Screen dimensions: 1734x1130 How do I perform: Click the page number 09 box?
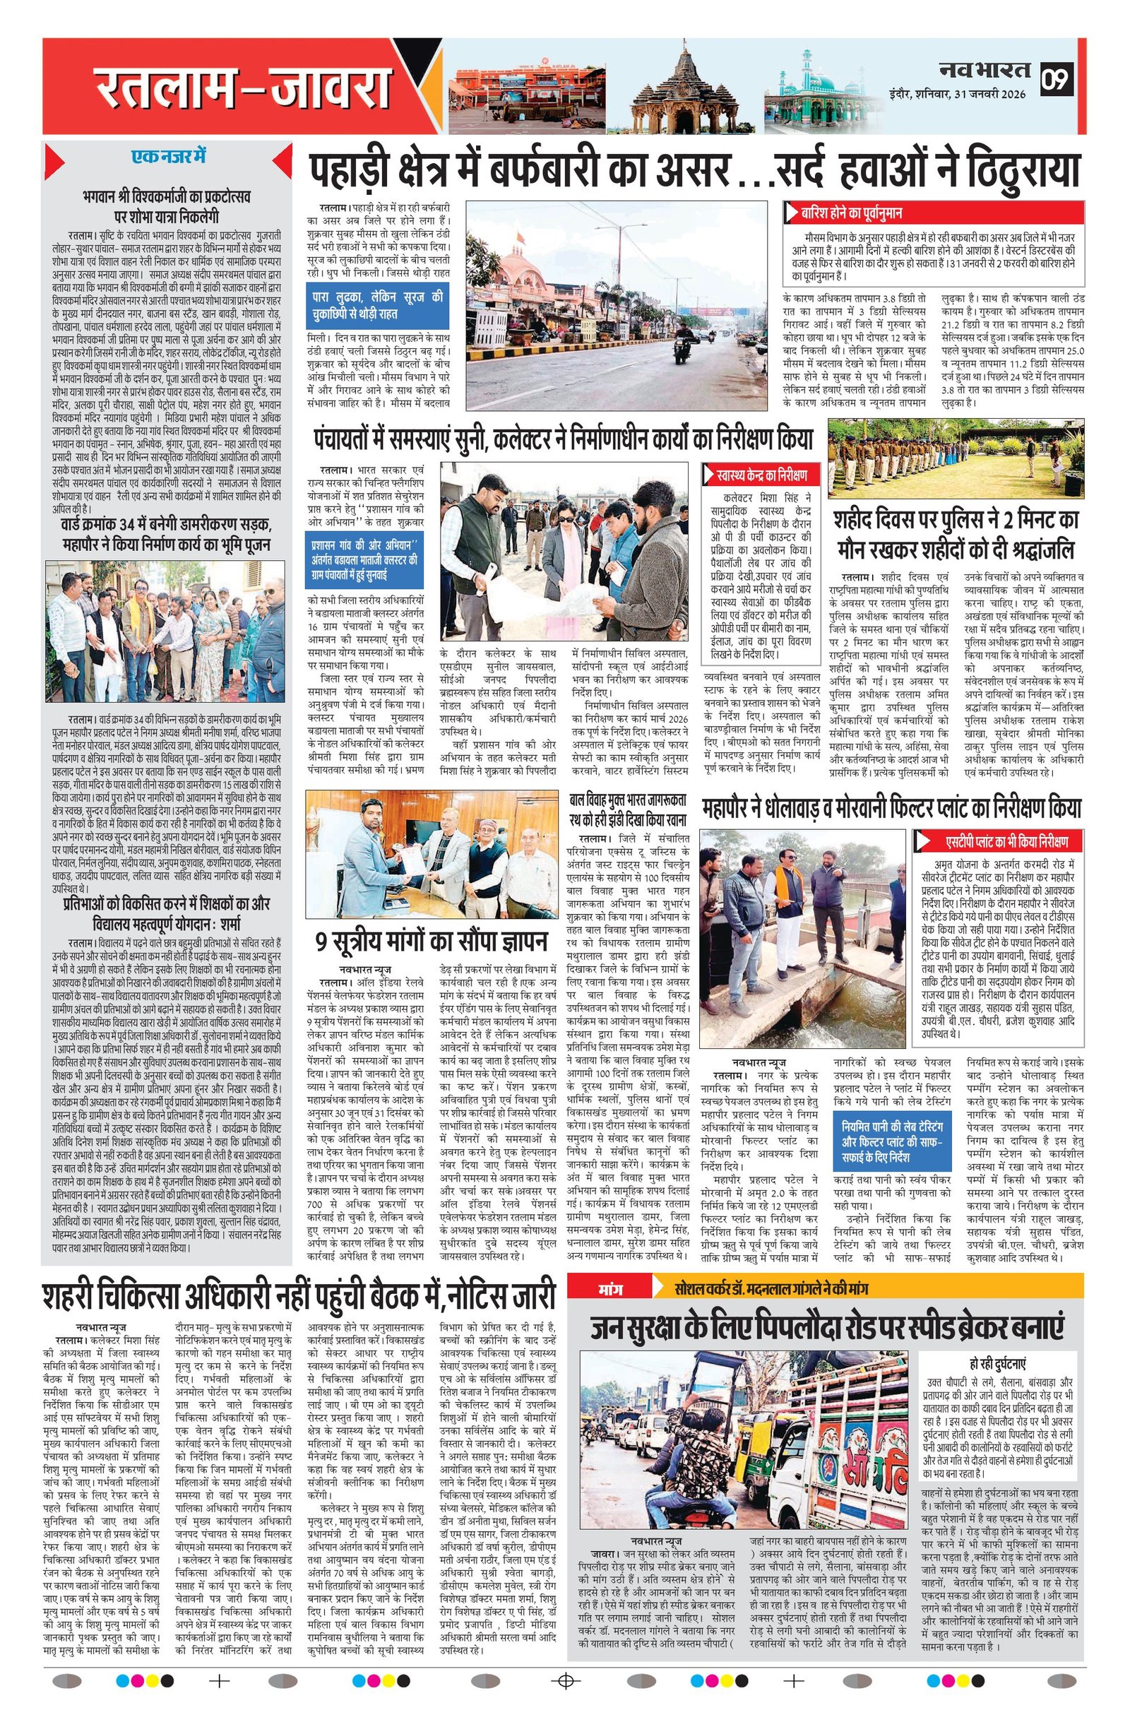click(x=1057, y=78)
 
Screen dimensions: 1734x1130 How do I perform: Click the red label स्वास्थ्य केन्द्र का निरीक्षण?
click(x=761, y=475)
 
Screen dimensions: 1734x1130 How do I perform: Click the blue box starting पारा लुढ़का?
click(x=376, y=303)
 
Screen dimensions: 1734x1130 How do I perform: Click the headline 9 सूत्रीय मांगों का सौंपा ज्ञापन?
click(x=432, y=942)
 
